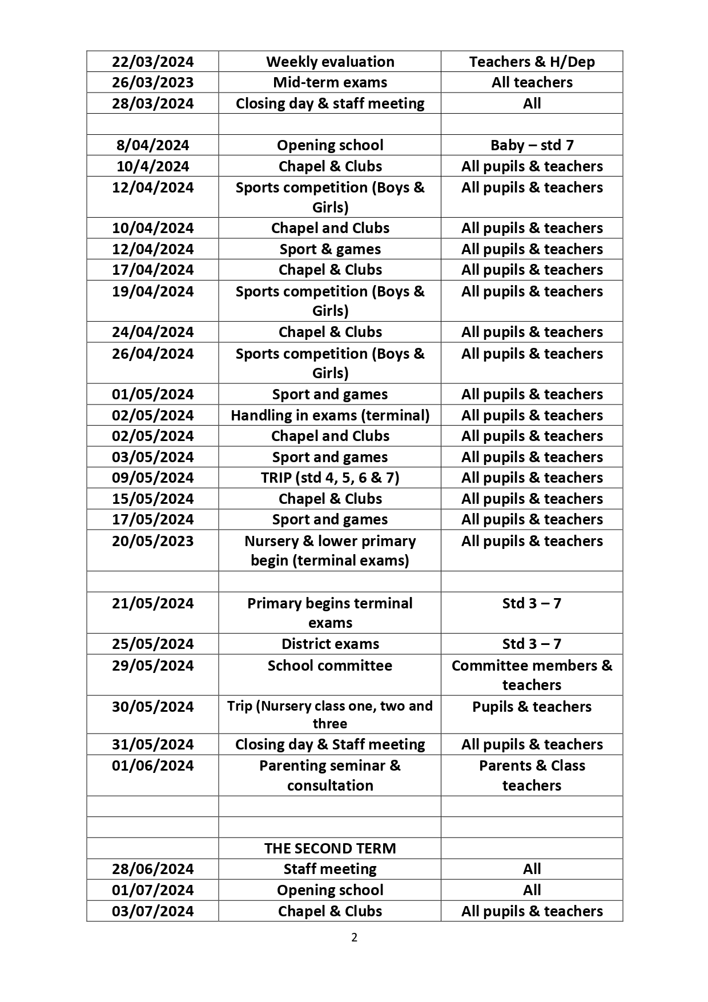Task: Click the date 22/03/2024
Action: click(x=152, y=62)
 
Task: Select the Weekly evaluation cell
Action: click(x=330, y=62)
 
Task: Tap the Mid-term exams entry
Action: click(x=330, y=82)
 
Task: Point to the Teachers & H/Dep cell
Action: click(x=532, y=62)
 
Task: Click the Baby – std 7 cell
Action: click(x=532, y=145)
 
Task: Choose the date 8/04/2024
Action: click(x=152, y=145)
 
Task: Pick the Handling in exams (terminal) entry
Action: click(x=330, y=415)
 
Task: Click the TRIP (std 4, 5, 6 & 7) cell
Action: click(x=330, y=478)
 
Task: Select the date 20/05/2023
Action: click(x=152, y=541)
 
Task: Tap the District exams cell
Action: click(x=330, y=644)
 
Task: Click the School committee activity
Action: click(x=330, y=666)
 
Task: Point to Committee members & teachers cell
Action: click(x=532, y=675)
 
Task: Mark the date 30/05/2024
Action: click(x=152, y=707)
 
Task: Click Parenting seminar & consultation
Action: click(x=330, y=775)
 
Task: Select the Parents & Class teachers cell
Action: click(x=532, y=775)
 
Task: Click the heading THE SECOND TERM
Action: click(x=330, y=848)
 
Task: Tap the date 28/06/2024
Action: click(x=152, y=869)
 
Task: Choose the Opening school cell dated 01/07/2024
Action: click(x=330, y=890)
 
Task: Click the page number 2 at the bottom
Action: click(x=354, y=937)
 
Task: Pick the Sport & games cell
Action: click(x=330, y=249)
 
